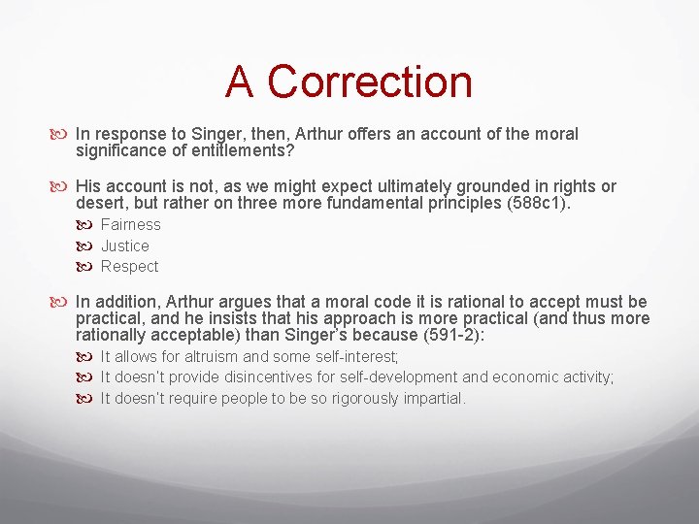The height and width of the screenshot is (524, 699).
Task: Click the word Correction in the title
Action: tap(370, 82)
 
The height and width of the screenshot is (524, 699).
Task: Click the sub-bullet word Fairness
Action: tap(131, 225)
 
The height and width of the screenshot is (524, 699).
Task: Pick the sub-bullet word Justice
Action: tap(125, 246)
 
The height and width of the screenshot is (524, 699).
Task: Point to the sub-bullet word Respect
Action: tap(129, 267)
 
